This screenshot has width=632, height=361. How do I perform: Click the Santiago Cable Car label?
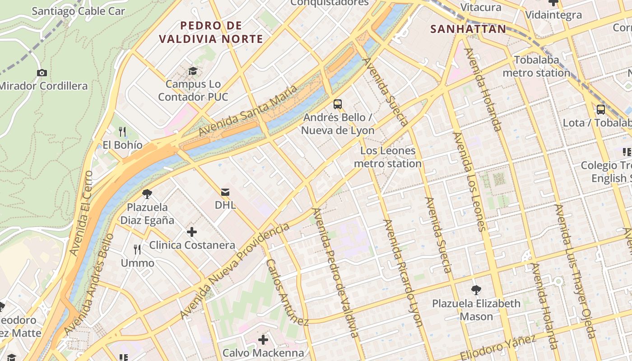[x=78, y=11]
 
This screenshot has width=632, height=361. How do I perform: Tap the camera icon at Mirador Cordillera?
[x=42, y=73]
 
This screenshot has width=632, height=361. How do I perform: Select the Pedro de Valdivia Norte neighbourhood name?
[x=211, y=32]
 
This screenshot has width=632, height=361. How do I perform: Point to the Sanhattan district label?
[x=468, y=29]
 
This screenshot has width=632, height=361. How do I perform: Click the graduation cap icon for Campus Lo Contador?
[x=193, y=71]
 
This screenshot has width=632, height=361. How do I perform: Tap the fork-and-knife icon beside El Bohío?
[x=122, y=132]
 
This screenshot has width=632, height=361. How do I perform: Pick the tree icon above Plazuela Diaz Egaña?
[x=147, y=194]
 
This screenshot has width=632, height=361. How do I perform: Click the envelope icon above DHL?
[x=225, y=192]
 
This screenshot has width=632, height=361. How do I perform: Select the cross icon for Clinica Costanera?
[x=192, y=232]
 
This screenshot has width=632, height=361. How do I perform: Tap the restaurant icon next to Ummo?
[x=137, y=249]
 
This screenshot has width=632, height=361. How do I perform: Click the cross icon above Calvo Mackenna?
[x=263, y=339]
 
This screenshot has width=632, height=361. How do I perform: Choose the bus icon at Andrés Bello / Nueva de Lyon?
[x=337, y=104]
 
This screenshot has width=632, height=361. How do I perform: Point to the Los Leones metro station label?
[x=388, y=157]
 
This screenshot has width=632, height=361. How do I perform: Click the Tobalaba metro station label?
[x=536, y=66]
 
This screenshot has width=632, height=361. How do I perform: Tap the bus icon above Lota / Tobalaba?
[x=600, y=109]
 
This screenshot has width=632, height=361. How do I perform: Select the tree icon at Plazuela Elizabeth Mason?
[x=476, y=290]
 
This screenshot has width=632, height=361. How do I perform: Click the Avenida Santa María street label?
[x=248, y=111]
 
